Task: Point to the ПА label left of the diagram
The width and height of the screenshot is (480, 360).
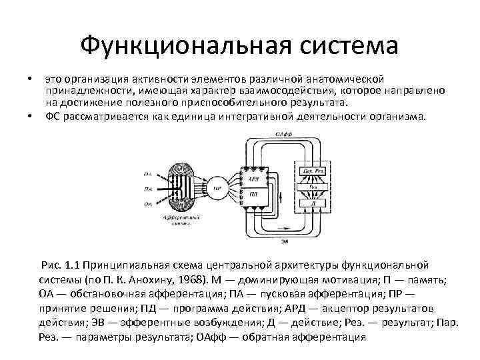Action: click(147, 189)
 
